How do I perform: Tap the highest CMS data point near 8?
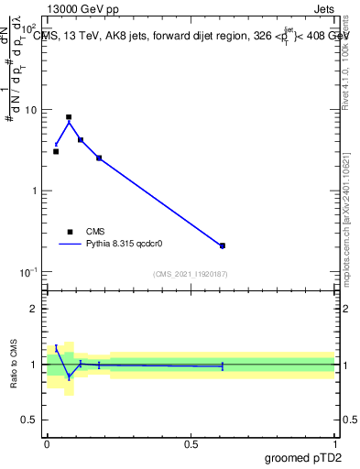pyautogui.click(x=69, y=117)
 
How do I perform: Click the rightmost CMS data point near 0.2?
pyautogui.click(x=223, y=245)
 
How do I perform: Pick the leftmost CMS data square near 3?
pyautogui.click(x=56, y=151)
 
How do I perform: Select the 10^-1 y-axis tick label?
pyautogui.click(x=28, y=272)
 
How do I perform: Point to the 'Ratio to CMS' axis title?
pyautogui.click(x=13, y=364)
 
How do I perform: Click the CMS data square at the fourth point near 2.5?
pyautogui.click(x=99, y=158)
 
